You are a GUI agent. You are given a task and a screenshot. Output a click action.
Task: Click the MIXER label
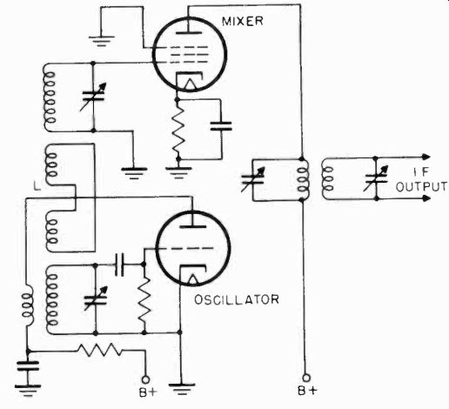click(243, 22)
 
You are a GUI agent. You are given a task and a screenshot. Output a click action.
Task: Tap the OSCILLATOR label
click(237, 299)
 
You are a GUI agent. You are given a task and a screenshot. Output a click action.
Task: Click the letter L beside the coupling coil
click(37, 186)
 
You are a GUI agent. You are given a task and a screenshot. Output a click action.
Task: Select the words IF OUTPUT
click(421, 179)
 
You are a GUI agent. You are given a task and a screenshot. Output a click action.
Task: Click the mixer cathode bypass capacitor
click(221, 126)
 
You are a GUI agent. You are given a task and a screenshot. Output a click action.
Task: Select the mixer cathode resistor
click(178, 130)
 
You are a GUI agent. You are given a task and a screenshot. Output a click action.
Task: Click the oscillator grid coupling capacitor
click(119, 265)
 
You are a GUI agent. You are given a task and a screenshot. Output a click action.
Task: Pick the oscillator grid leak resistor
click(144, 300)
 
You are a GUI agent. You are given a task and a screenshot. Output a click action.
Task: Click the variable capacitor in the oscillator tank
click(96, 299)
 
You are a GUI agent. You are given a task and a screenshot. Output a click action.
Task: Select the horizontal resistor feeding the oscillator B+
click(99, 350)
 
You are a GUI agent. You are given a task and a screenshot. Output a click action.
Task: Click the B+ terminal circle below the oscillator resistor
click(145, 379)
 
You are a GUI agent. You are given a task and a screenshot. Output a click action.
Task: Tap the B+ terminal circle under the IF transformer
click(306, 378)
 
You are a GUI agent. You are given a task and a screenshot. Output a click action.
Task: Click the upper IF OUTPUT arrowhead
click(426, 157)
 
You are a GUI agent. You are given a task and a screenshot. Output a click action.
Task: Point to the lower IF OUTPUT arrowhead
click(426, 198)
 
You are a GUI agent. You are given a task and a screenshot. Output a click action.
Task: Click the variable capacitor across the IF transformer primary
click(253, 179)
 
